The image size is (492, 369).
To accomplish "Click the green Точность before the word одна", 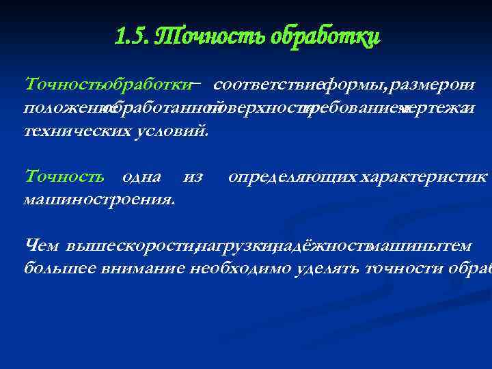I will [64, 176].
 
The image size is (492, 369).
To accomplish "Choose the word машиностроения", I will [99, 199].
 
